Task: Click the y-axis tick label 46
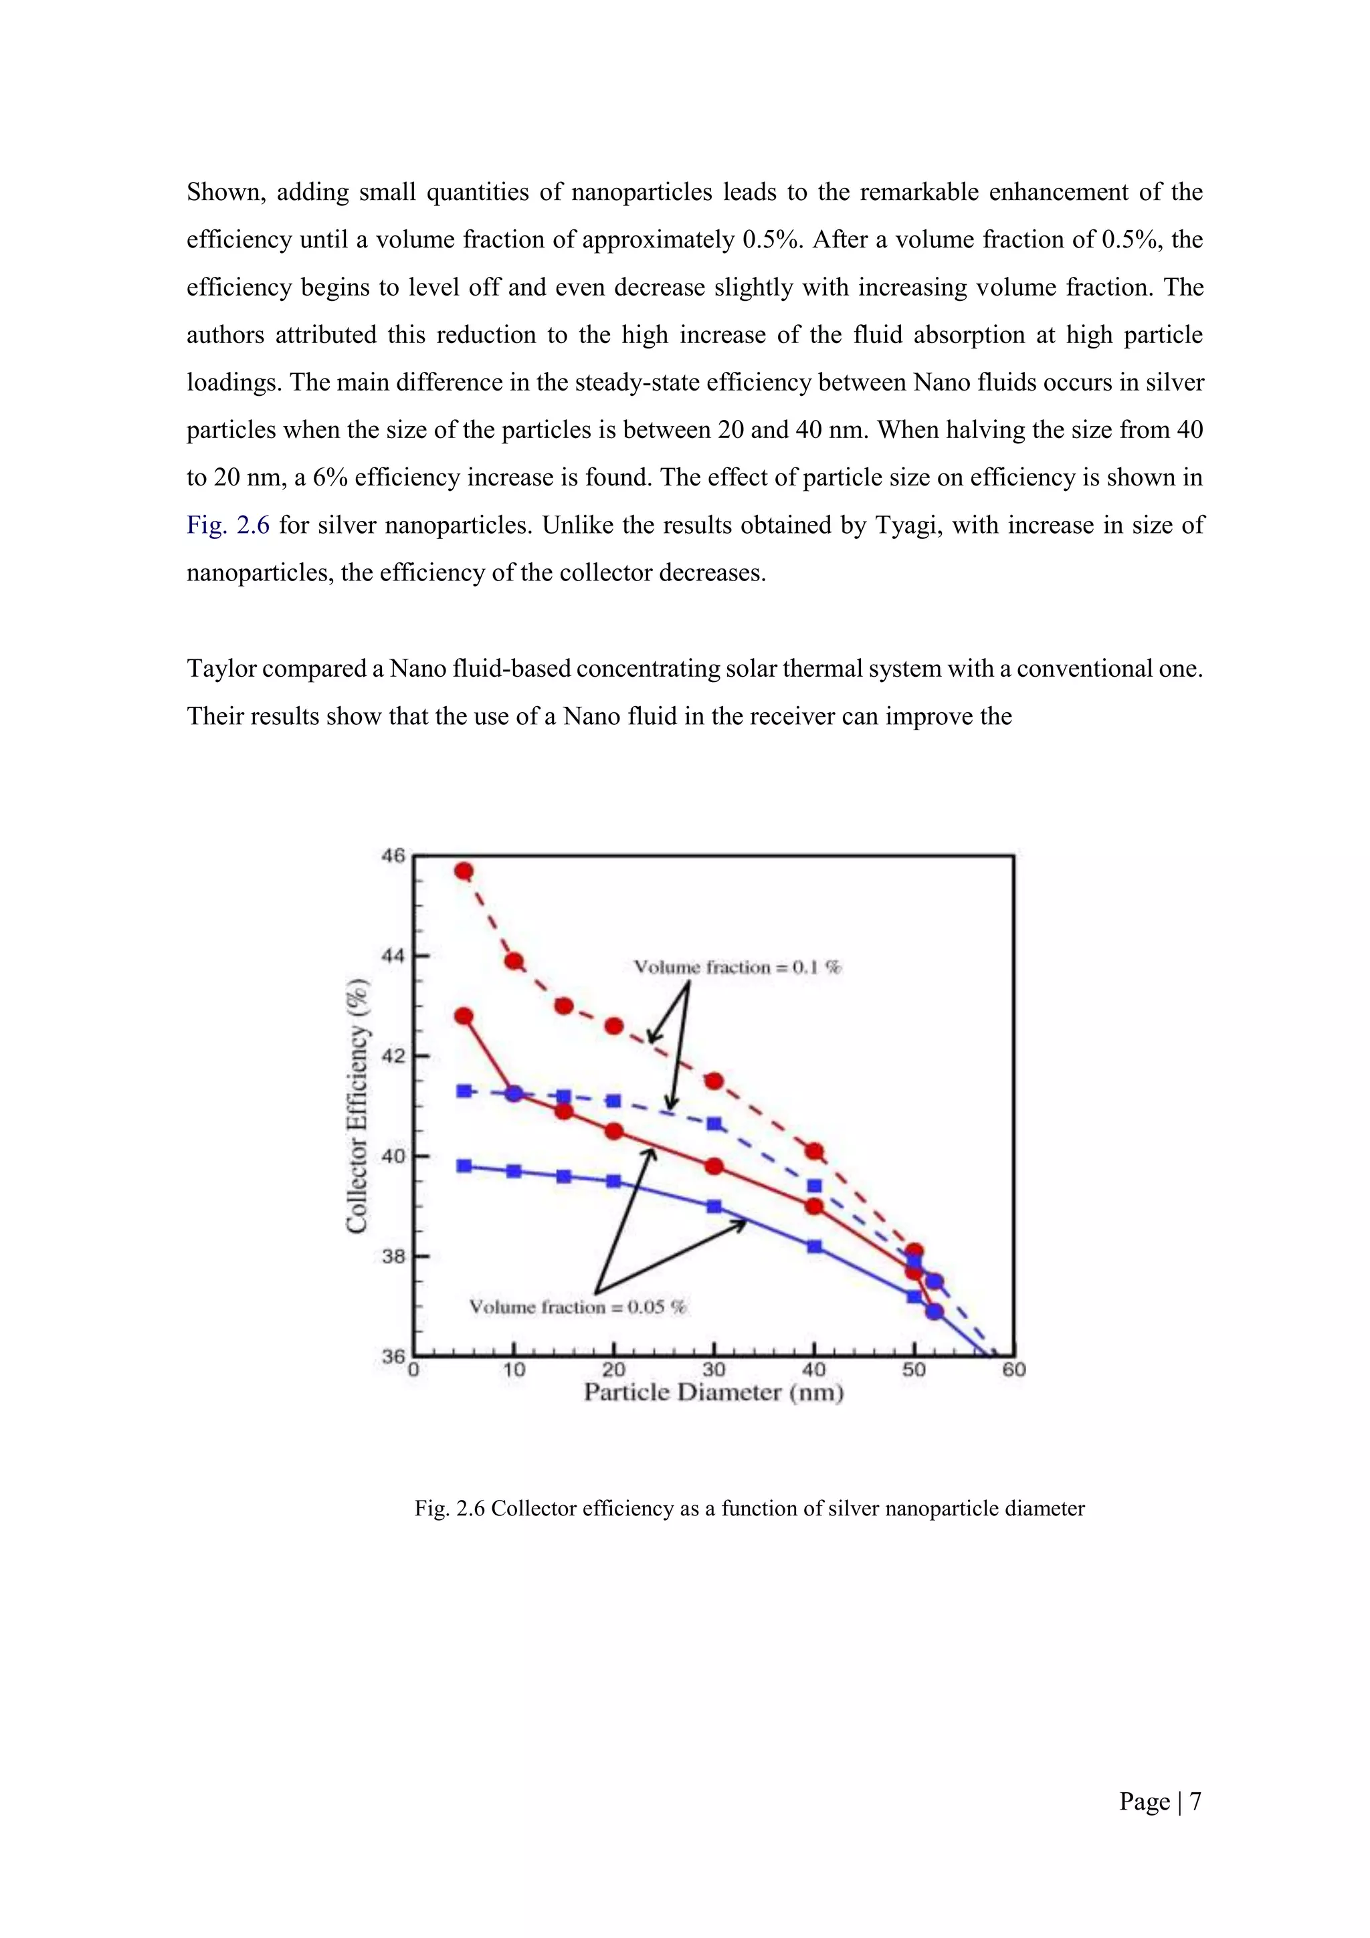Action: click(393, 856)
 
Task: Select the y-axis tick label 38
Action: click(393, 1257)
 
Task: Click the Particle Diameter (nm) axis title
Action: click(714, 1393)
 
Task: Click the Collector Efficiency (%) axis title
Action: click(358, 1105)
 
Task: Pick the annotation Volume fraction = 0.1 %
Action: click(738, 967)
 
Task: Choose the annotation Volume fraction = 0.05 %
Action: click(578, 1307)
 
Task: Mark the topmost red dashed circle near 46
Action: click(464, 871)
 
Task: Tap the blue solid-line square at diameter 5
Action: click(464, 1166)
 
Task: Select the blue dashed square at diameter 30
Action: click(714, 1123)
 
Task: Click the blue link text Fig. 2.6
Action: click(228, 525)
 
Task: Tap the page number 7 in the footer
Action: click(1195, 1802)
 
